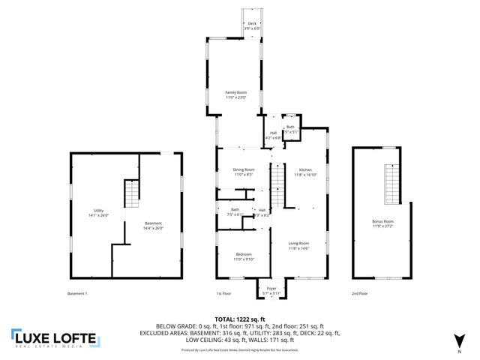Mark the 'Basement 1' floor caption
[77, 293]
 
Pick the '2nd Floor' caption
[360, 293]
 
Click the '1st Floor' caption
[223, 293]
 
